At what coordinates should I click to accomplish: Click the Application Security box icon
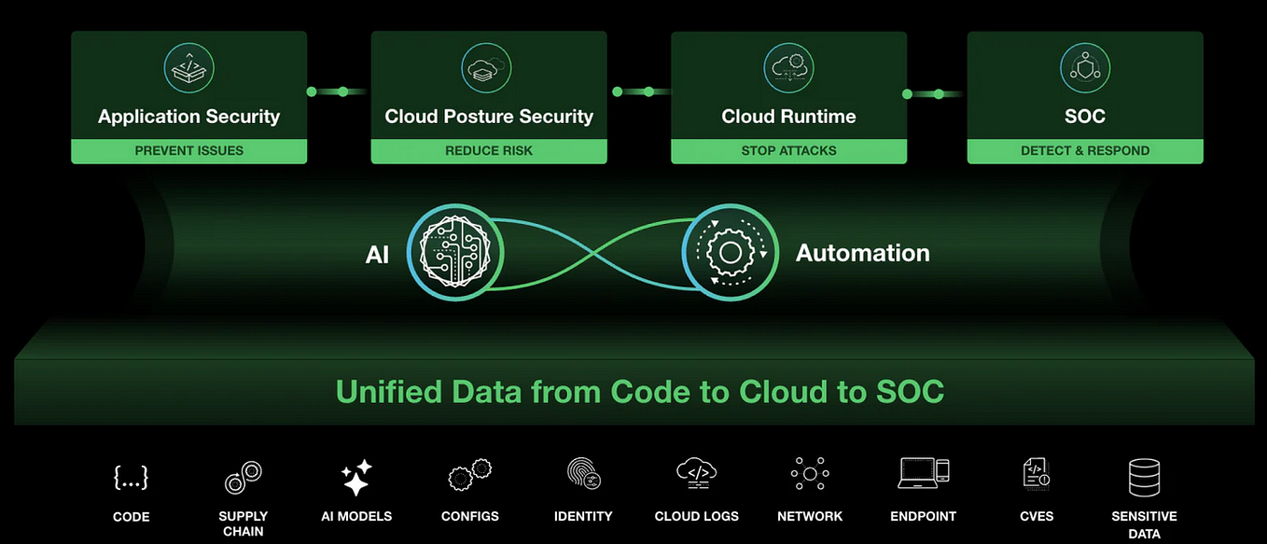[188, 68]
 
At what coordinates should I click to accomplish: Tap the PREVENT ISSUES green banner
[188, 150]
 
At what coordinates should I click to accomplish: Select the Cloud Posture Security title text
[489, 117]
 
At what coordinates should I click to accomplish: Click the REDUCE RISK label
[489, 150]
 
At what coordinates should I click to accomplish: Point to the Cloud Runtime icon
[788, 68]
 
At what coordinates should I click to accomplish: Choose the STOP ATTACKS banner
[788, 150]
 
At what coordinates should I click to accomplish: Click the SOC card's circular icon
[1085, 68]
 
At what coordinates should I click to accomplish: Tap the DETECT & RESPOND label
[1085, 150]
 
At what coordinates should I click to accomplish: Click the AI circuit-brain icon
[451, 253]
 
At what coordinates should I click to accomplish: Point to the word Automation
[862, 253]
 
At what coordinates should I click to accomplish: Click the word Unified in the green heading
[392, 391]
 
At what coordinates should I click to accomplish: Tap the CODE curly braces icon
[131, 478]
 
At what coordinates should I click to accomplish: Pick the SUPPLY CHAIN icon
[243, 478]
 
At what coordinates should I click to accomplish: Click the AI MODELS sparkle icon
[356, 478]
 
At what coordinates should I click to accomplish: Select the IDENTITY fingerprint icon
[583, 475]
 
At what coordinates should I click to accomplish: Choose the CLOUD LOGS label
[696, 516]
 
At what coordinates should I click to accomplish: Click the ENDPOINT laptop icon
[923, 474]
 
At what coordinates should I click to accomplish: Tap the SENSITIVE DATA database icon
[1144, 477]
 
